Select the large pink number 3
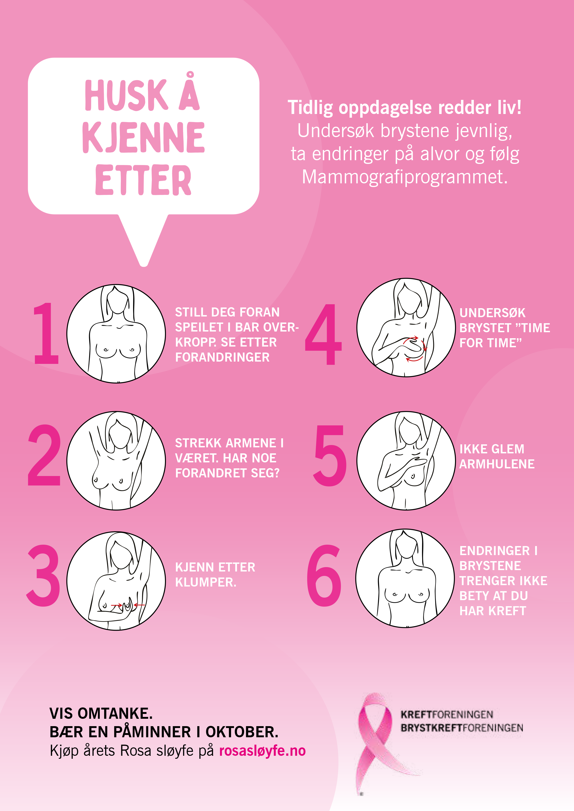click(44, 575)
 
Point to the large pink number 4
click(323, 334)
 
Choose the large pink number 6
click(324, 575)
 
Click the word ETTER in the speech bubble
click(143, 180)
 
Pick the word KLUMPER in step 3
click(206, 582)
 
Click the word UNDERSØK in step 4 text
click(492, 313)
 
